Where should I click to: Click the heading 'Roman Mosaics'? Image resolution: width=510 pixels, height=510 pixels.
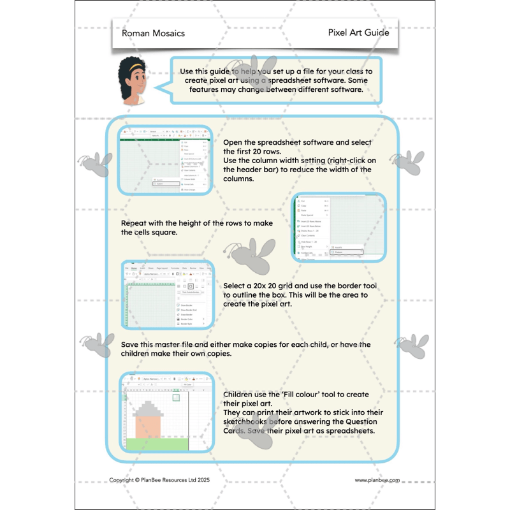(x=153, y=33)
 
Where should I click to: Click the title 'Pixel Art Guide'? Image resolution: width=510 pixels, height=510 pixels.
(x=358, y=33)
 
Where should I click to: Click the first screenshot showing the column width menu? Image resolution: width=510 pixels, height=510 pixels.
(x=164, y=159)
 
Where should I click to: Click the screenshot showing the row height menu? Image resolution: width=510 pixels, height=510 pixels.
(x=339, y=226)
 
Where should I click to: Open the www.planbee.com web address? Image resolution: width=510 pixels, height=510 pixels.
(x=377, y=480)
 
